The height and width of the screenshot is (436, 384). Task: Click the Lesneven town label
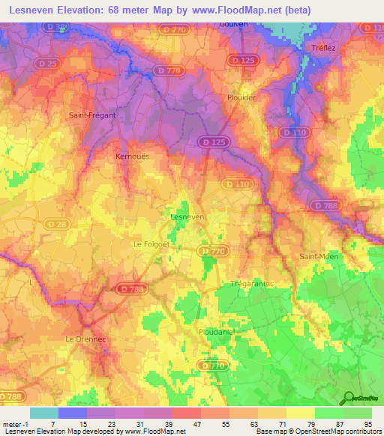click(187, 217)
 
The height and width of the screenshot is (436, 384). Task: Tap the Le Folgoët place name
click(153, 244)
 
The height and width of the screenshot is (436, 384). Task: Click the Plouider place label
click(242, 97)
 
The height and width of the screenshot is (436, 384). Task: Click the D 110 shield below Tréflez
click(293, 132)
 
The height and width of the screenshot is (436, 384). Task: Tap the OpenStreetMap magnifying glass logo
click(349, 399)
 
